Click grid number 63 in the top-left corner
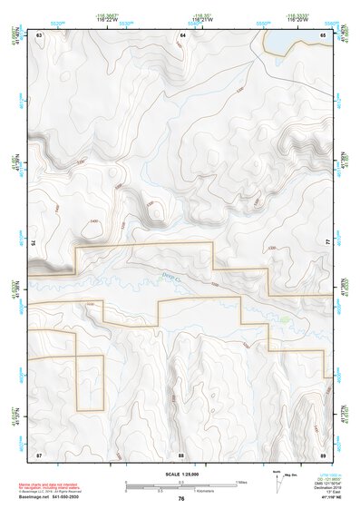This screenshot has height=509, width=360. coord(39,34)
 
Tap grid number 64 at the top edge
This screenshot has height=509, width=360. coord(182,34)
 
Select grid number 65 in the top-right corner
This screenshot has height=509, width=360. coord(324,34)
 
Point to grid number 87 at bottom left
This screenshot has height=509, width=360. coord(39,453)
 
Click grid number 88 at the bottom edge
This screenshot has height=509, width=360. coord(181,453)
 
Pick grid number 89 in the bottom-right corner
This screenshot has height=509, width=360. coord(324,453)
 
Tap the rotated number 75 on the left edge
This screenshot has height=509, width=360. coord(34,241)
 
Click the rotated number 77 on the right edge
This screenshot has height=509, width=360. coord(328,241)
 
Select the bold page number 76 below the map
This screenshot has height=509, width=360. coord(181,499)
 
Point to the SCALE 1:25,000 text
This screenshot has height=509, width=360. coord(180,473)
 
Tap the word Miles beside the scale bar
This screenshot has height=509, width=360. coord(240,482)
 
